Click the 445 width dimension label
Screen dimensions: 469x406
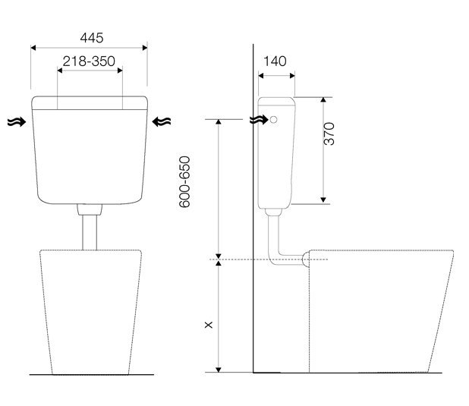(92, 38)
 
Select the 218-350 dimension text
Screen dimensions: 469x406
(89, 61)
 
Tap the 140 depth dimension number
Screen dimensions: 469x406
(275, 61)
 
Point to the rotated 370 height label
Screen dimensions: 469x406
(329, 134)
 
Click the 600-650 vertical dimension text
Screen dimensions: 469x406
(184, 181)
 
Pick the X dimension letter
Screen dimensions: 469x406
(209, 325)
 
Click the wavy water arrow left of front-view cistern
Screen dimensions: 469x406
(17, 121)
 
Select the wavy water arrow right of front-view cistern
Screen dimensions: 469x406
(162, 121)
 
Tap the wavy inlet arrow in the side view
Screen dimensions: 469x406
(259, 120)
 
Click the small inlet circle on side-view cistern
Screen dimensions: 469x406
(273, 120)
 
